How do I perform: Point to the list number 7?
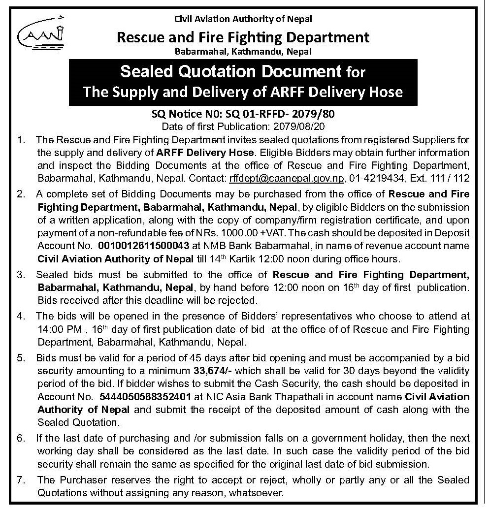(x=21, y=479)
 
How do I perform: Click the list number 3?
(x=21, y=274)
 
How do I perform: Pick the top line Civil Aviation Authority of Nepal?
(x=244, y=19)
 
